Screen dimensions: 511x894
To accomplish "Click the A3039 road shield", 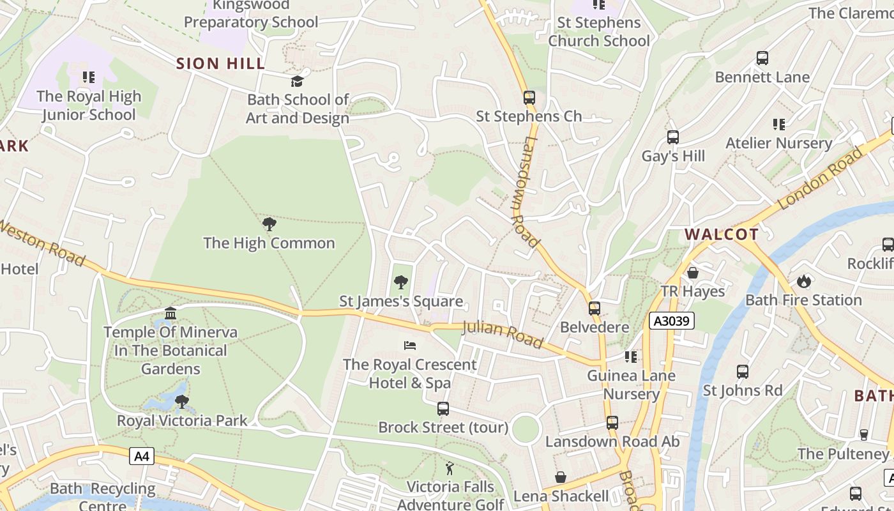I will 672,321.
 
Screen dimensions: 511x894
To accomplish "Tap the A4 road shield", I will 142,456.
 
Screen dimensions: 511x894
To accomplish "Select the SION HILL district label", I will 220,63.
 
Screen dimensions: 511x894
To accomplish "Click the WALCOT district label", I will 722,234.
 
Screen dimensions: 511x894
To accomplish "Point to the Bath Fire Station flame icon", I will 803,281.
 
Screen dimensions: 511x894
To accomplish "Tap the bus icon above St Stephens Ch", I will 529,98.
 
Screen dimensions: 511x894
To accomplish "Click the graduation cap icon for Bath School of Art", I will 297,81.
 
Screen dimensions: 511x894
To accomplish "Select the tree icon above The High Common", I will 269,224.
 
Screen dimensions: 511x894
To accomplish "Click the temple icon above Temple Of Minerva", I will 170,313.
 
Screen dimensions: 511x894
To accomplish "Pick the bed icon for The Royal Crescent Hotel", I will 410,346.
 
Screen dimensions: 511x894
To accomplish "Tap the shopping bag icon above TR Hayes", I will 693,273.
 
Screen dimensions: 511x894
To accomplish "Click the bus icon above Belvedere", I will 595,309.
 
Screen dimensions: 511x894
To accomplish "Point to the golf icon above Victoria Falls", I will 450,468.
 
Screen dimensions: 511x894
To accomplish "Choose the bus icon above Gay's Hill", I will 672,137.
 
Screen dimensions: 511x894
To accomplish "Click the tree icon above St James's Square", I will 400,282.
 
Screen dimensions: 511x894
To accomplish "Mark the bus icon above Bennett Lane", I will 762,58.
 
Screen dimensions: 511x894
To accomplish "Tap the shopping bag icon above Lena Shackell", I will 561,477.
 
